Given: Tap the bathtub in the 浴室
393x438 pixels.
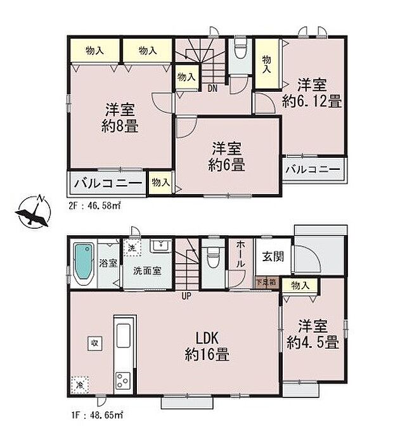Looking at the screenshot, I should tap(84, 263).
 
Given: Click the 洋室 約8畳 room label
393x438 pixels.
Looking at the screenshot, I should tap(119, 117).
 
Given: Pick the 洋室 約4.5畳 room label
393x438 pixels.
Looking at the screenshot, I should tap(312, 335).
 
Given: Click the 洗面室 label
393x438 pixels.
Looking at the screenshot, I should tap(147, 271).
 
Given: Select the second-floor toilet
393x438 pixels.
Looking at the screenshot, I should tap(240, 50).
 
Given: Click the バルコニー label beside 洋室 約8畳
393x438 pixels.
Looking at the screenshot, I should tap(106, 184).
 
